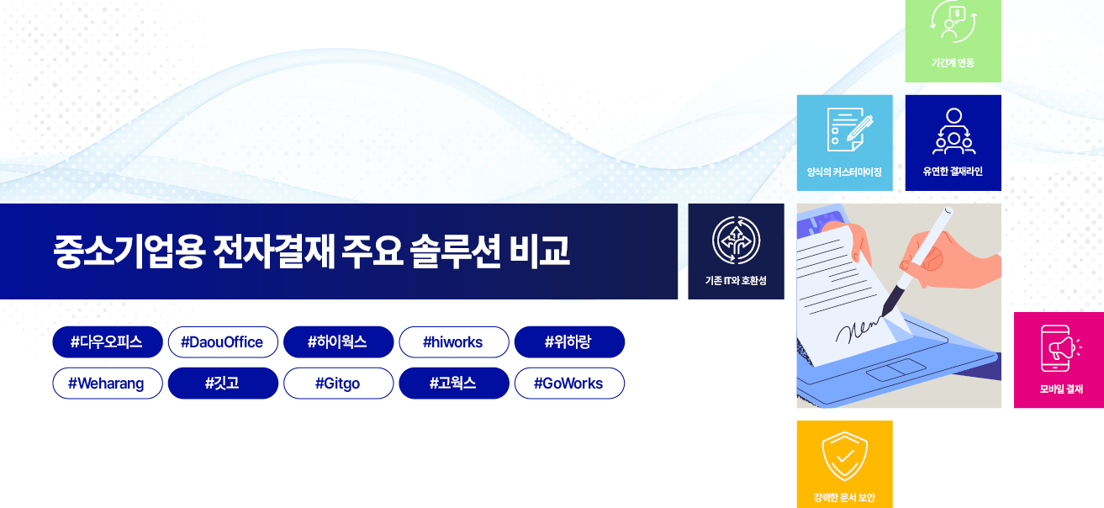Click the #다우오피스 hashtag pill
[108, 341]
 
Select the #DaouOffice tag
[223, 341]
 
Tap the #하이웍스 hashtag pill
[338, 341]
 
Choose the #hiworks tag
[454, 341]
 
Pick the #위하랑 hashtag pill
[569, 341]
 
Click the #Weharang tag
[108, 384]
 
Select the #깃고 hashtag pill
[223, 384]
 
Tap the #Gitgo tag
[338, 384]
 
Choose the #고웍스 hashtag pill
[454, 384]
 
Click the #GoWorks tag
[569, 384]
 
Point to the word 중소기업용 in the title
[128, 251]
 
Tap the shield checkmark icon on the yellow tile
[844, 456]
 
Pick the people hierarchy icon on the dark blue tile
[953, 130]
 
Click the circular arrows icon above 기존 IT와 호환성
[737, 241]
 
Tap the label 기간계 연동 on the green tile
[953, 62]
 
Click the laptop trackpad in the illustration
[896, 369]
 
